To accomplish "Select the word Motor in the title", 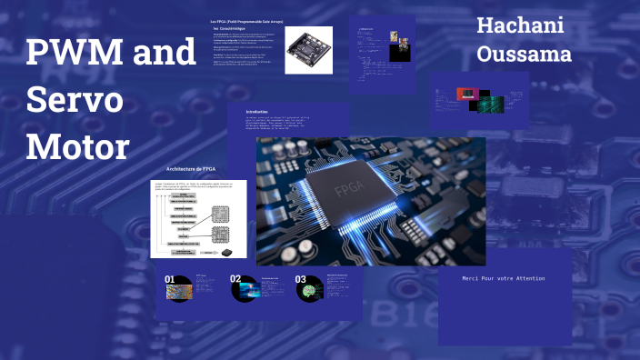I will tap(79, 145).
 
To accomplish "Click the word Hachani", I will tap(520, 25).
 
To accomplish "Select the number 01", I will tap(170, 279).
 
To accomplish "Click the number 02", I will tap(235, 279).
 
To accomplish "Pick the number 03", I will tap(301, 279).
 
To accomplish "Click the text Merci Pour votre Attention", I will tap(504, 277).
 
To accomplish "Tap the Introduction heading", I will tap(263, 111).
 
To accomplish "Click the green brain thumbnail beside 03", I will tap(311, 291).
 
